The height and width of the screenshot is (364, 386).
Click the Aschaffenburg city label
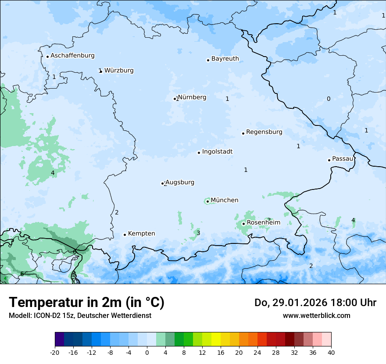[72, 56]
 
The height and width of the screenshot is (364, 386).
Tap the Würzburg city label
[119, 71]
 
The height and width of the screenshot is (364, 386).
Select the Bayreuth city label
[225, 59]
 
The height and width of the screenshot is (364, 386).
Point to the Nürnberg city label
[192, 97]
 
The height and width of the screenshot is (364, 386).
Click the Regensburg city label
[264, 132]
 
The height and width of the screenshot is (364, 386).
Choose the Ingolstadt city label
[217, 152]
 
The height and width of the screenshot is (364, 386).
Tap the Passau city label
[343, 159]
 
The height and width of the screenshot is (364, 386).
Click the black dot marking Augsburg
[163, 183]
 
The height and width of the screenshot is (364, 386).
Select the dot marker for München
[207, 202]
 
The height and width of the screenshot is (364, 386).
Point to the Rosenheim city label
[263, 223]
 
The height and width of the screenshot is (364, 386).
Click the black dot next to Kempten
[125, 235]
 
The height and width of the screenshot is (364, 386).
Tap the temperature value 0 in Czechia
[329, 99]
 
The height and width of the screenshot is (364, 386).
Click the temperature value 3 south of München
[198, 233]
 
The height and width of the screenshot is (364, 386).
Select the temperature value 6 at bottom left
[22, 274]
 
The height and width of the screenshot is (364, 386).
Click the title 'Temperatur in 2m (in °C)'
[86, 303]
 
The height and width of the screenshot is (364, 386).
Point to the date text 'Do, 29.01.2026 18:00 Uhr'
[315, 303]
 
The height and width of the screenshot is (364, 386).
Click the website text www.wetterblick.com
[316, 315]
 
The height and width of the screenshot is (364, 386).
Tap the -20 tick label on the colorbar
[55, 353]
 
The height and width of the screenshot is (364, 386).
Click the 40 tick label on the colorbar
[331, 353]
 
